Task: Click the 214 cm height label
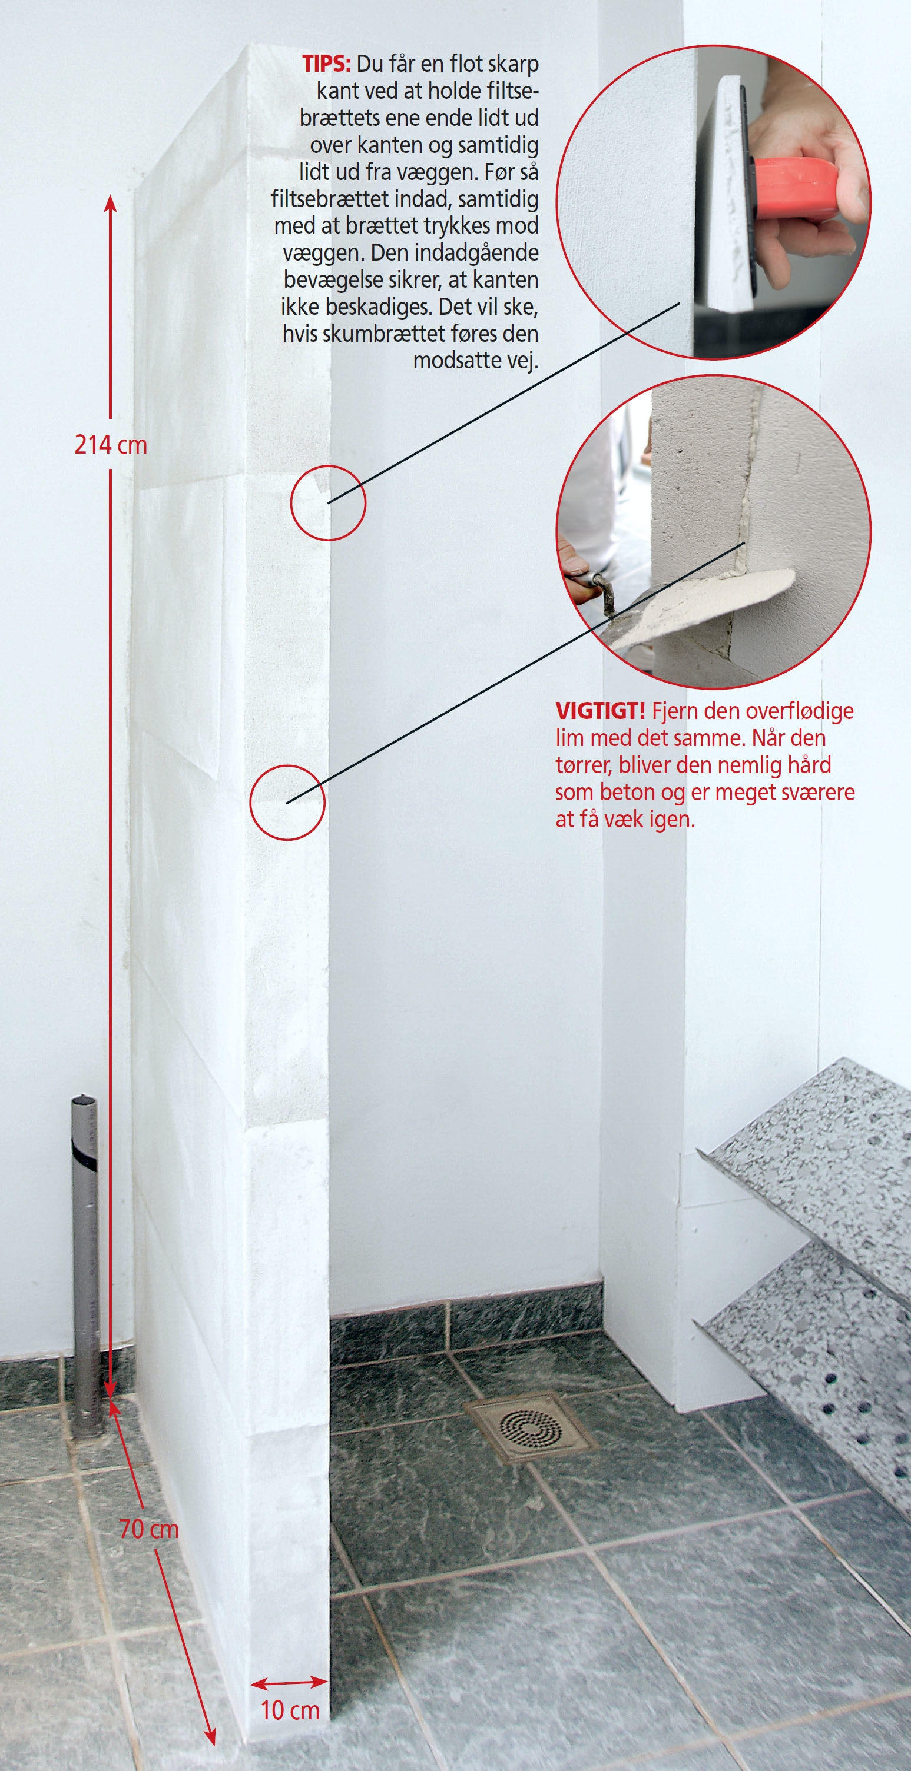111,445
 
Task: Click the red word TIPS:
326,64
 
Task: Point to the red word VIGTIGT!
600,710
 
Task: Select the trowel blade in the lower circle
702,608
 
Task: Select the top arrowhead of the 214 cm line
110,204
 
